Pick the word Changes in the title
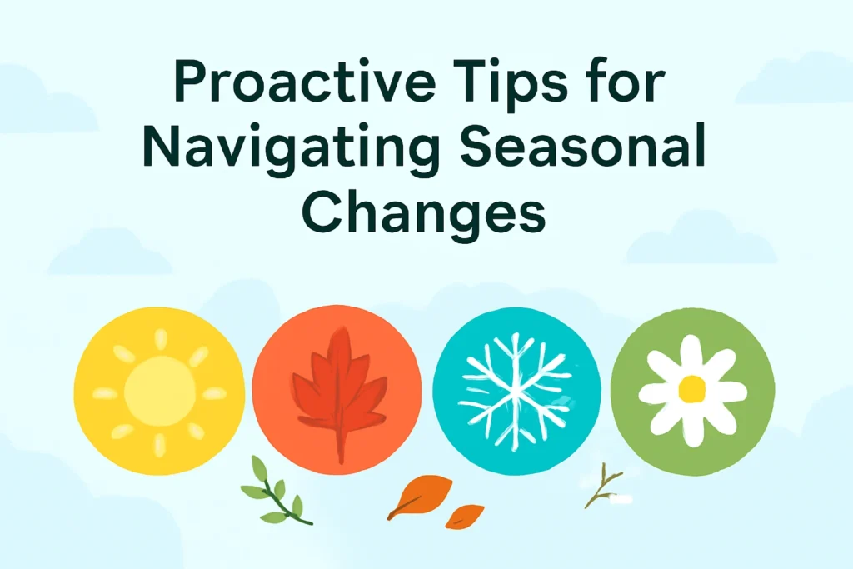pos(424,212)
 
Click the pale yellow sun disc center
pos(159,391)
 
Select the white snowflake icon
pos(515,391)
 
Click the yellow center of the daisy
pos(692,388)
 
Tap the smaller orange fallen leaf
pos(464,517)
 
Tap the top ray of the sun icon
pos(161,339)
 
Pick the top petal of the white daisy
pos(691,353)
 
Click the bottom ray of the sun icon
pos(159,445)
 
